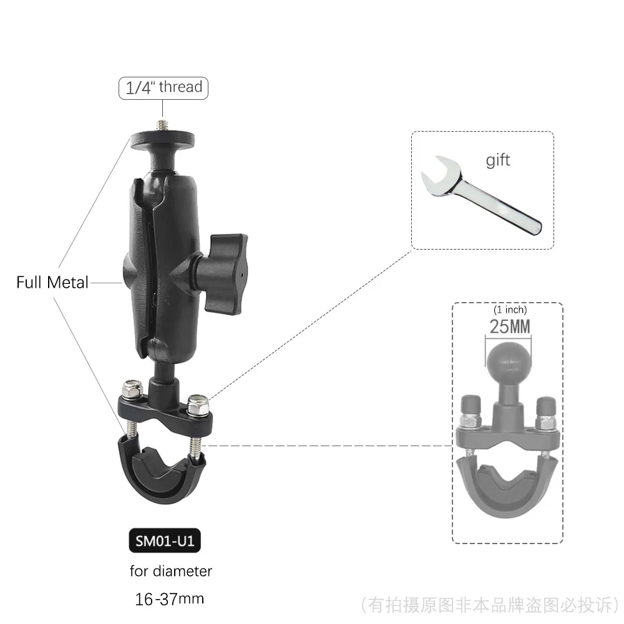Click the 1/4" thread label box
(163, 87)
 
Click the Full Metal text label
(52, 283)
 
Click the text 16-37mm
(169, 599)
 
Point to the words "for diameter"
(171, 571)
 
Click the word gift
(498, 160)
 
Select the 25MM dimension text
(507, 328)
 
